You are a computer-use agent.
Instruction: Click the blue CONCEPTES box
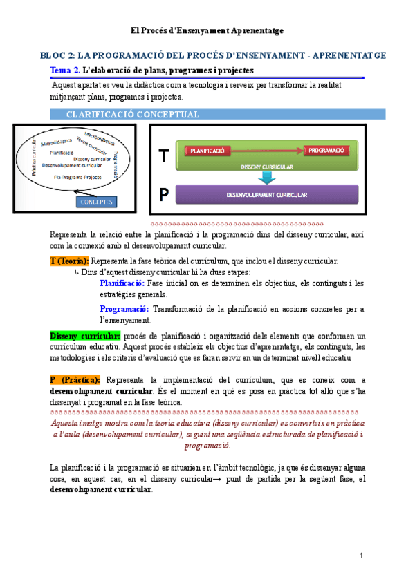97,202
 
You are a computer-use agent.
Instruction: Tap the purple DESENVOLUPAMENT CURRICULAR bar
266,195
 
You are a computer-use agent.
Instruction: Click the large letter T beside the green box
163,157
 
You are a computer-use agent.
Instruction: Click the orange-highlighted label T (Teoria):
69,261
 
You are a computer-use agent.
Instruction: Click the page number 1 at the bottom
361,556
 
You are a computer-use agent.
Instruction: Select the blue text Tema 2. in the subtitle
66,70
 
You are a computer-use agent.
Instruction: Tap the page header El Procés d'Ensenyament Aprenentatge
207,31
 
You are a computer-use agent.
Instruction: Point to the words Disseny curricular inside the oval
92,158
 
